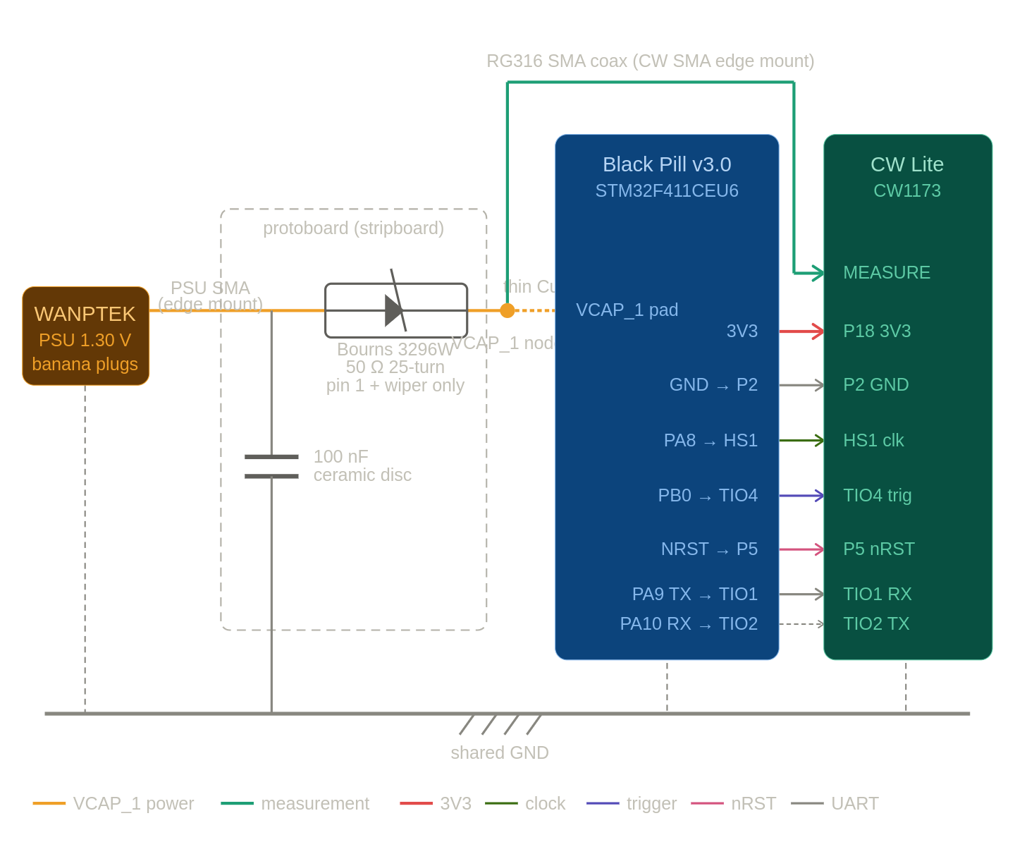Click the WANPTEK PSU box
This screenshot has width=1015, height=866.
pos(85,336)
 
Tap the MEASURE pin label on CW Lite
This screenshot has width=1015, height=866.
pos(886,272)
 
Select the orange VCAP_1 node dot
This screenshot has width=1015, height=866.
pos(508,310)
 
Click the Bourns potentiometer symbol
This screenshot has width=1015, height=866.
pos(396,310)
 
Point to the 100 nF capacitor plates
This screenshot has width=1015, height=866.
pos(271,467)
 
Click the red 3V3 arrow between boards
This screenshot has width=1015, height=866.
pos(801,331)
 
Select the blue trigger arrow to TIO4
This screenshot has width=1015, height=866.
pos(801,496)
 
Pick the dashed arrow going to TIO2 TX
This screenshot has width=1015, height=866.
pos(801,624)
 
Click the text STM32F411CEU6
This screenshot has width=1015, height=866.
pos(667,191)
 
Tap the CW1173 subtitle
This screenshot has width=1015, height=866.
pos(907,191)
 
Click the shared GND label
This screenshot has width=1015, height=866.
pos(499,752)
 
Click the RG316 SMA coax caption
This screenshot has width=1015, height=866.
pos(650,61)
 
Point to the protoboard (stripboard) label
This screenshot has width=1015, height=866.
pos(353,228)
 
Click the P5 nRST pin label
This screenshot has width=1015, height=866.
pos(878,549)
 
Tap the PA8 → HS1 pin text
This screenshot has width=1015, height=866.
pos(710,441)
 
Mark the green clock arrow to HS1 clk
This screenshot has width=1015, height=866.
pos(801,441)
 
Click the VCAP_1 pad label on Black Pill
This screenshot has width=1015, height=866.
pos(627,310)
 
